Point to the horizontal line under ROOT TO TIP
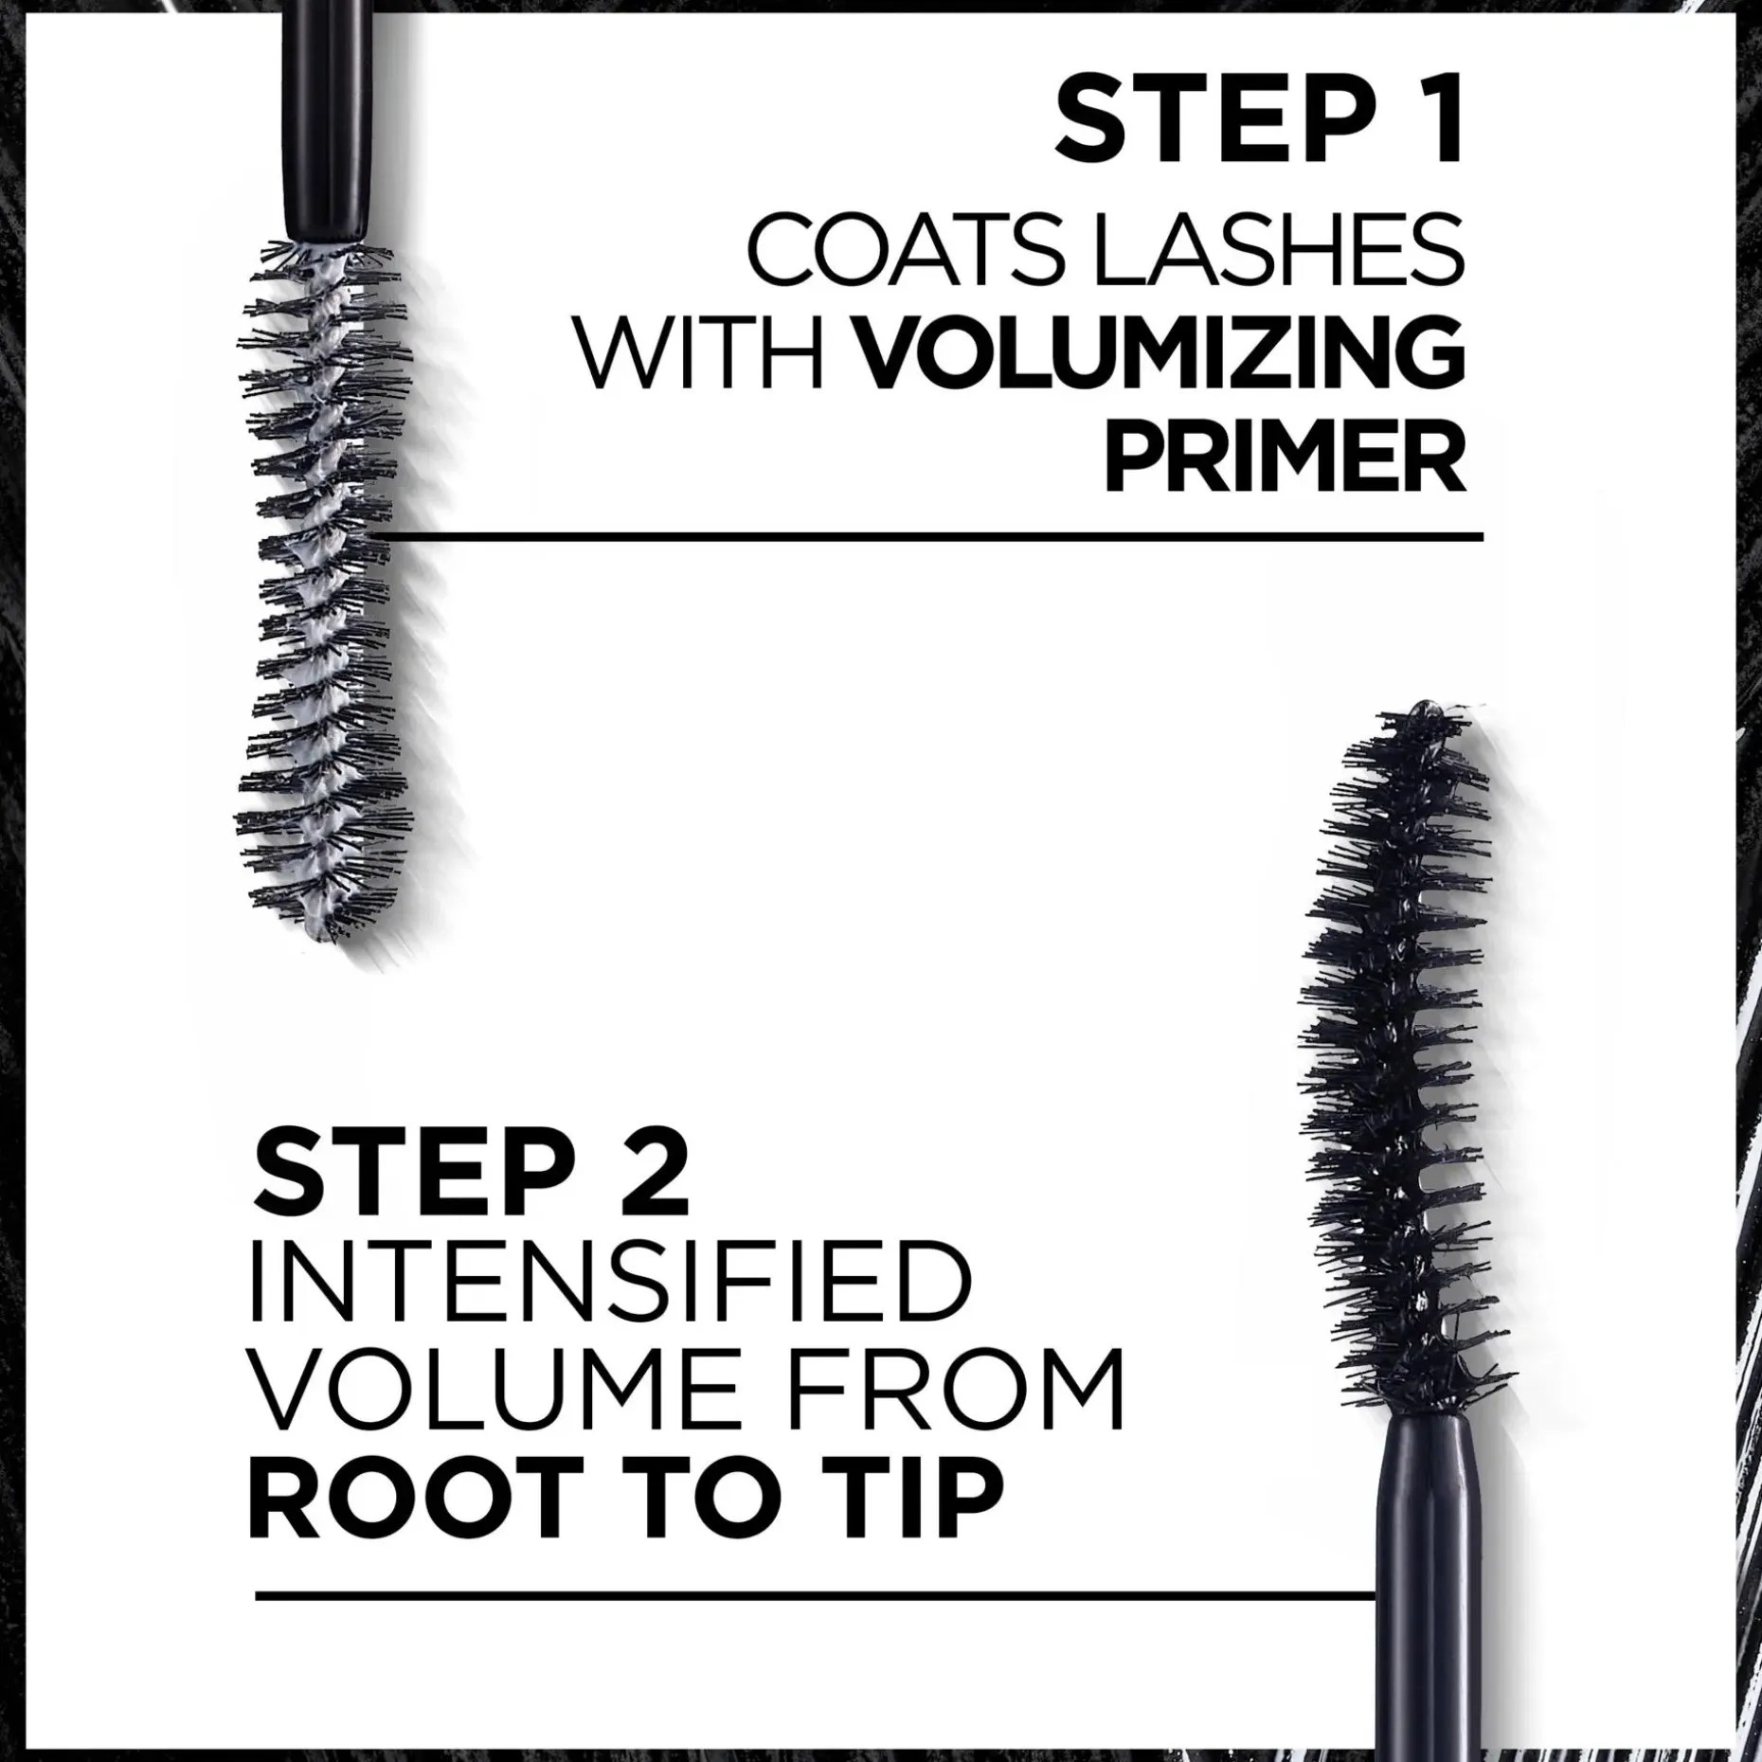pyautogui.click(x=815, y=1596)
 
